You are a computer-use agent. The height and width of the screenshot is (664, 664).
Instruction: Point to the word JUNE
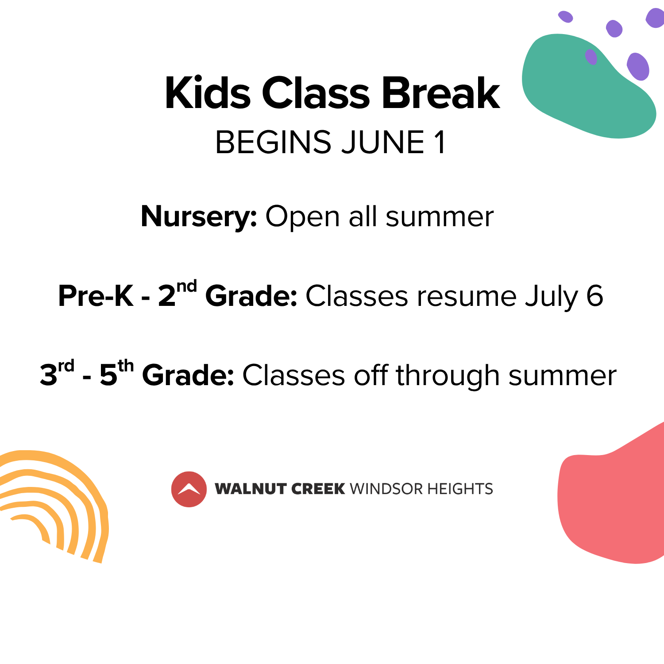click(383, 142)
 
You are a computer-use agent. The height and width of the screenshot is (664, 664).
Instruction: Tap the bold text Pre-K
click(96, 295)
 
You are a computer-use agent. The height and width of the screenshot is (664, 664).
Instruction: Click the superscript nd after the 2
click(187, 287)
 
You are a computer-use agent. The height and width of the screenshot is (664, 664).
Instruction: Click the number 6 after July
click(595, 295)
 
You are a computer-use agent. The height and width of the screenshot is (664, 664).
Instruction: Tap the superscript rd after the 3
click(66, 367)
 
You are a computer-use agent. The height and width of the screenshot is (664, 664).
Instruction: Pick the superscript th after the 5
click(126, 366)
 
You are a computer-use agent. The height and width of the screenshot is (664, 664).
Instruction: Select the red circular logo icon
click(189, 489)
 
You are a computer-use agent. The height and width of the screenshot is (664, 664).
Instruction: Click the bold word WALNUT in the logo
click(251, 489)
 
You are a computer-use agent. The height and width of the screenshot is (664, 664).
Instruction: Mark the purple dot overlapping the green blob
click(591, 57)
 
